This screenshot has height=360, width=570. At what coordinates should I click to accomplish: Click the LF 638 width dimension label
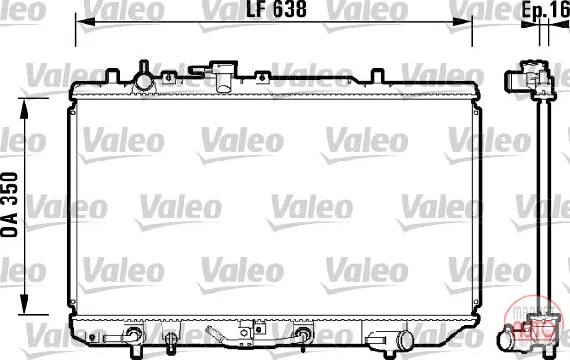coord(276,9)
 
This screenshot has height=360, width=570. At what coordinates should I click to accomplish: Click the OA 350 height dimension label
coord(9,205)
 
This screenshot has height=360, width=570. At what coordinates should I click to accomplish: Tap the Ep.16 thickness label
coord(545,9)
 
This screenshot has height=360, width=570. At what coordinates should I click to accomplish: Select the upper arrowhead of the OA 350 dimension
coord(24,108)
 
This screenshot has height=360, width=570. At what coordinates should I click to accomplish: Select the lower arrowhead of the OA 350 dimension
coord(24,305)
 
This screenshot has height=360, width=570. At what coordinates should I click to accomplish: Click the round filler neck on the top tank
coord(144,81)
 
